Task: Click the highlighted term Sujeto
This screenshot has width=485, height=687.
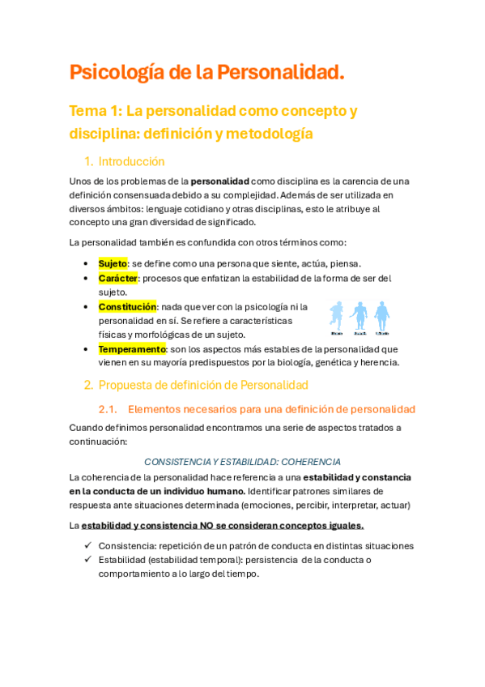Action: coord(113,263)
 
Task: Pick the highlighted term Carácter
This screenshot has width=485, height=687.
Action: coord(118,278)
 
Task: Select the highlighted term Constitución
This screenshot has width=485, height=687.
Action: coord(127,307)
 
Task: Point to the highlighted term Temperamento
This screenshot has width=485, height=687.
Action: coord(132,349)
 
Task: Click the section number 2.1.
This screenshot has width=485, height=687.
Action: coord(108,409)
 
